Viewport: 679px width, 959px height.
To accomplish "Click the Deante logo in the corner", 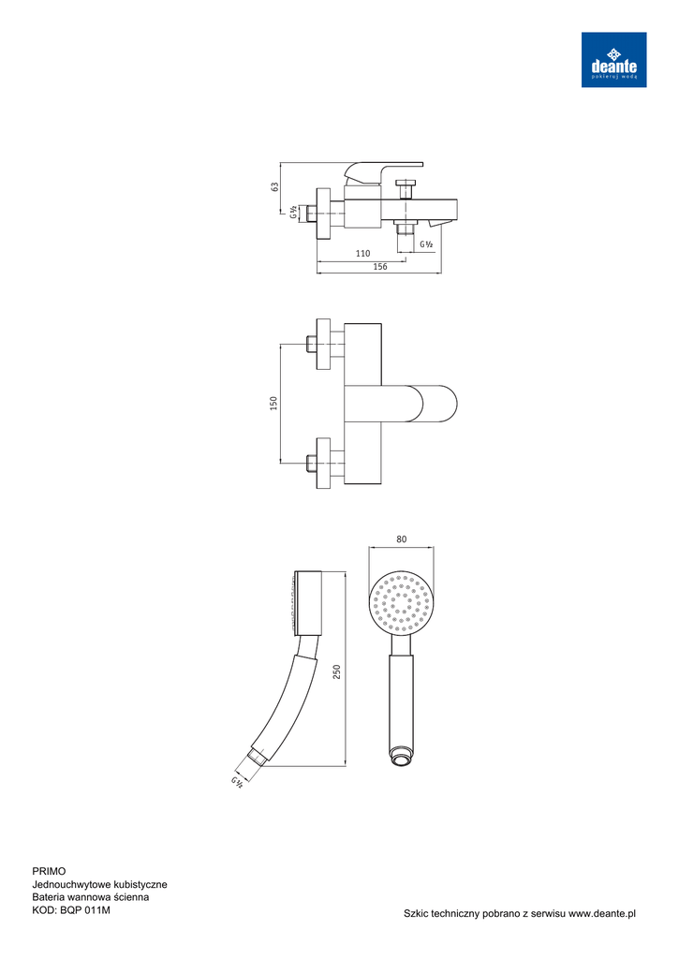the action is (613, 60).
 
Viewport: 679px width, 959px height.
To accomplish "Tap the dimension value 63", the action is (275, 186).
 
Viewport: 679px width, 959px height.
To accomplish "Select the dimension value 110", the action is (362, 253).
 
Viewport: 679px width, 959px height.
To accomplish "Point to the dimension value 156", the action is (380, 267).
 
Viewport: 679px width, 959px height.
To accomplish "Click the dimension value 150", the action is (274, 403).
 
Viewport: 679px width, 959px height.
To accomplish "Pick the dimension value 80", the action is (401, 539).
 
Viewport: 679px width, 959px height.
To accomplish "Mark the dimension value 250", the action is (336, 671).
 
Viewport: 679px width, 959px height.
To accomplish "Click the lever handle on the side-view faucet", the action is (382, 172).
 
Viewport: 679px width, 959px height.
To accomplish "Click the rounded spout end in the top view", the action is (439, 404).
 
